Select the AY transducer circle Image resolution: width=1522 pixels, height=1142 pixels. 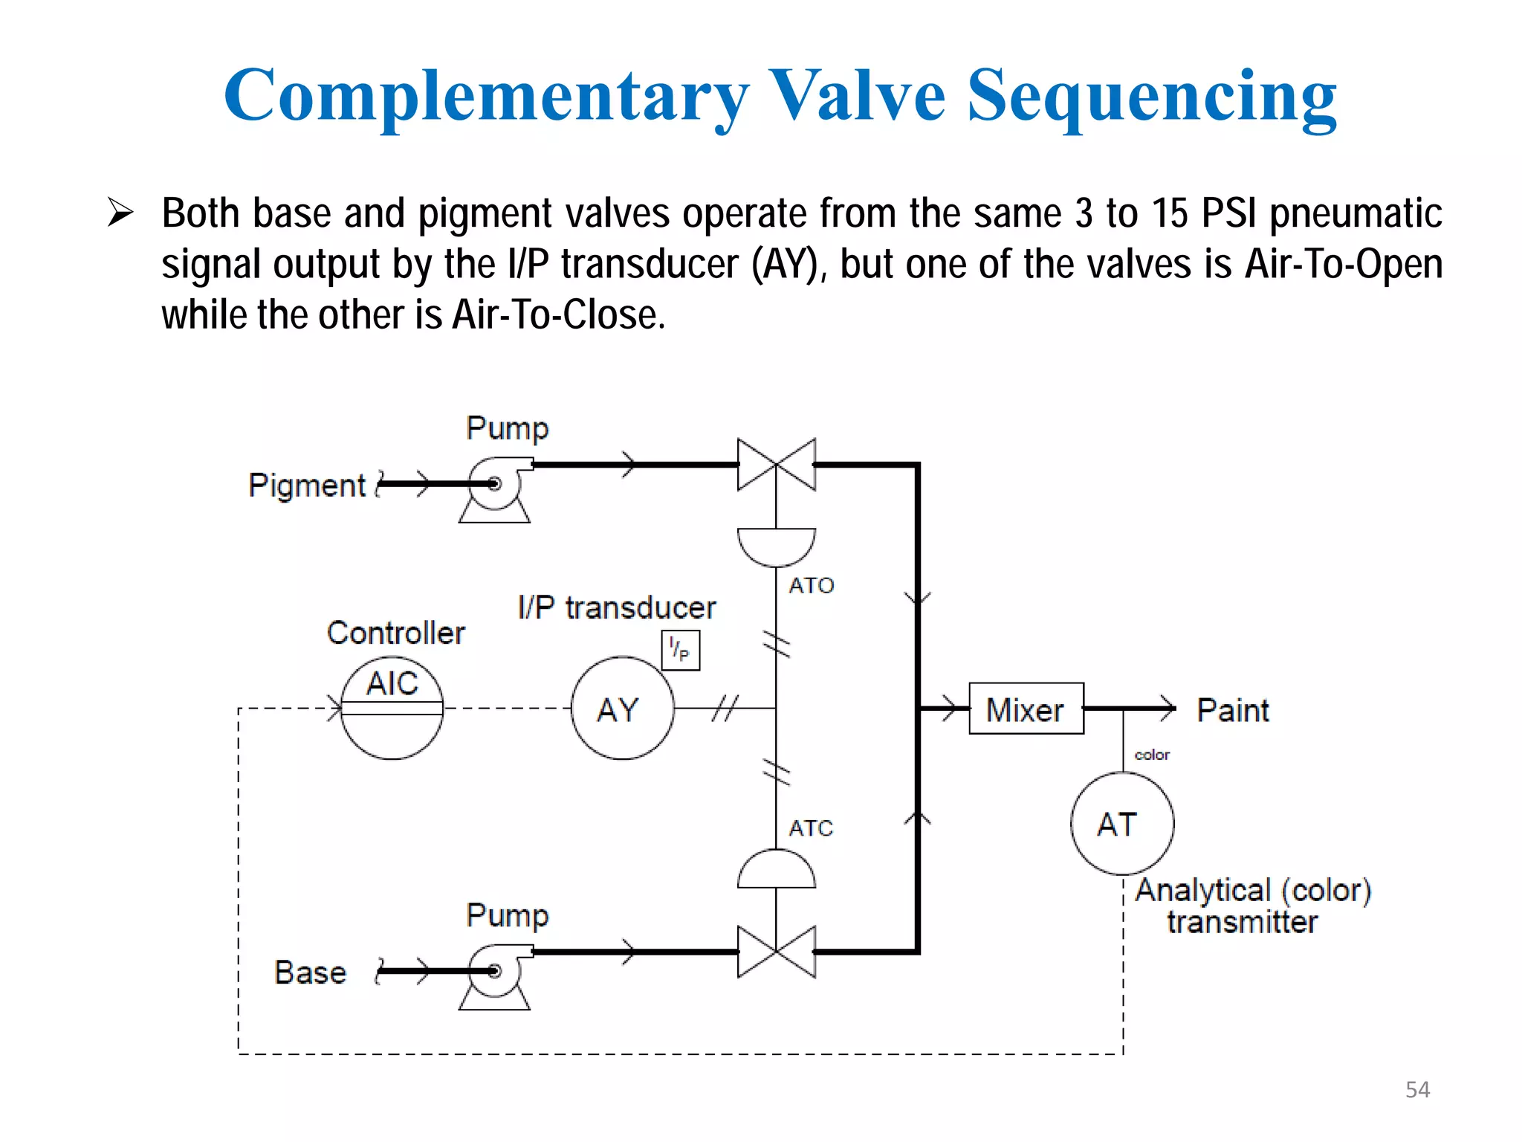click(x=622, y=708)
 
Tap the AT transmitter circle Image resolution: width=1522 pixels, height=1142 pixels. click(x=1122, y=824)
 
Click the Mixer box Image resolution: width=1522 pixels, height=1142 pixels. click(x=1026, y=709)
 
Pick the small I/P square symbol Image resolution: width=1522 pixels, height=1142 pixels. click(x=680, y=651)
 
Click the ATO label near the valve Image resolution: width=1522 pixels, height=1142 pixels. click(x=811, y=586)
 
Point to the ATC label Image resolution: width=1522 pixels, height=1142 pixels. click(x=811, y=828)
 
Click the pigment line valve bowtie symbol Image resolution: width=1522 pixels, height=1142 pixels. click(x=776, y=465)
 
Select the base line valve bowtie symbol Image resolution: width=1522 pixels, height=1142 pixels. click(x=776, y=951)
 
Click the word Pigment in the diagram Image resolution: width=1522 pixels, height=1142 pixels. click(x=307, y=485)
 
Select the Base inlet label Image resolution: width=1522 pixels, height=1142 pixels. click(x=310, y=972)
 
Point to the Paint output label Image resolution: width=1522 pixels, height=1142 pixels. click(x=1232, y=711)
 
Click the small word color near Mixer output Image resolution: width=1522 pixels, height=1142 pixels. click(x=1152, y=755)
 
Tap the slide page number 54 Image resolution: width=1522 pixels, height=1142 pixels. click(x=1417, y=1089)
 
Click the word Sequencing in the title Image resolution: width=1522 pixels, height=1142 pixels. click(x=1151, y=97)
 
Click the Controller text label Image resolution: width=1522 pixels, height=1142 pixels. click(x=395, y=633)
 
